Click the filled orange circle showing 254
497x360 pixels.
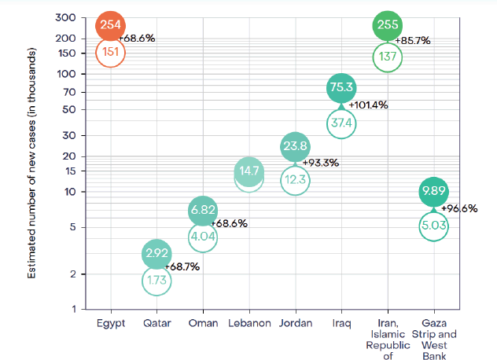[109, 25]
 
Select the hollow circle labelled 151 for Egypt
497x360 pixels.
[109, 53]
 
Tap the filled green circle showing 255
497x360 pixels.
[387, 25]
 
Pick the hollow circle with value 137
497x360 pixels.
[387, 57]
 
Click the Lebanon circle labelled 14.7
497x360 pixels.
[248, 171]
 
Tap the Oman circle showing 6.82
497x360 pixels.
[202, 211]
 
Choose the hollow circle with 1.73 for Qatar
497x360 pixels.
[156, 281]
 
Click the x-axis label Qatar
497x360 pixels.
[156, 323]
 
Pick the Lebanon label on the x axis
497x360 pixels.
[248, 323]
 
